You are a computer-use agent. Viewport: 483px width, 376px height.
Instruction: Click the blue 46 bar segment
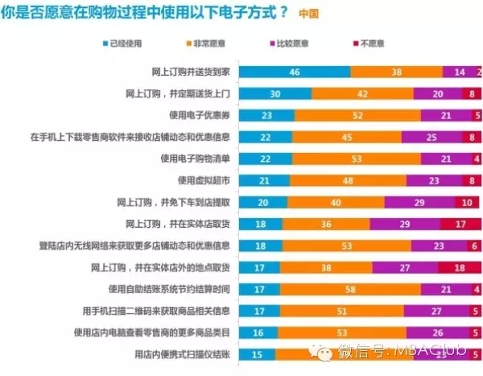295,71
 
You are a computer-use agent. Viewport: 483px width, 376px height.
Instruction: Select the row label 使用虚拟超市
211,180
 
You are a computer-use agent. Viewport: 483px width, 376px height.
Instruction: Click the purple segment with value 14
460,71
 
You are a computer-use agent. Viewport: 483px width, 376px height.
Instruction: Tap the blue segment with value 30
276,93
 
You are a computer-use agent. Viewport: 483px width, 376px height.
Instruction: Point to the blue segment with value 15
258,353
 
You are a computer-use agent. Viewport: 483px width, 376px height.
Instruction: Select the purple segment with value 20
439,93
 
